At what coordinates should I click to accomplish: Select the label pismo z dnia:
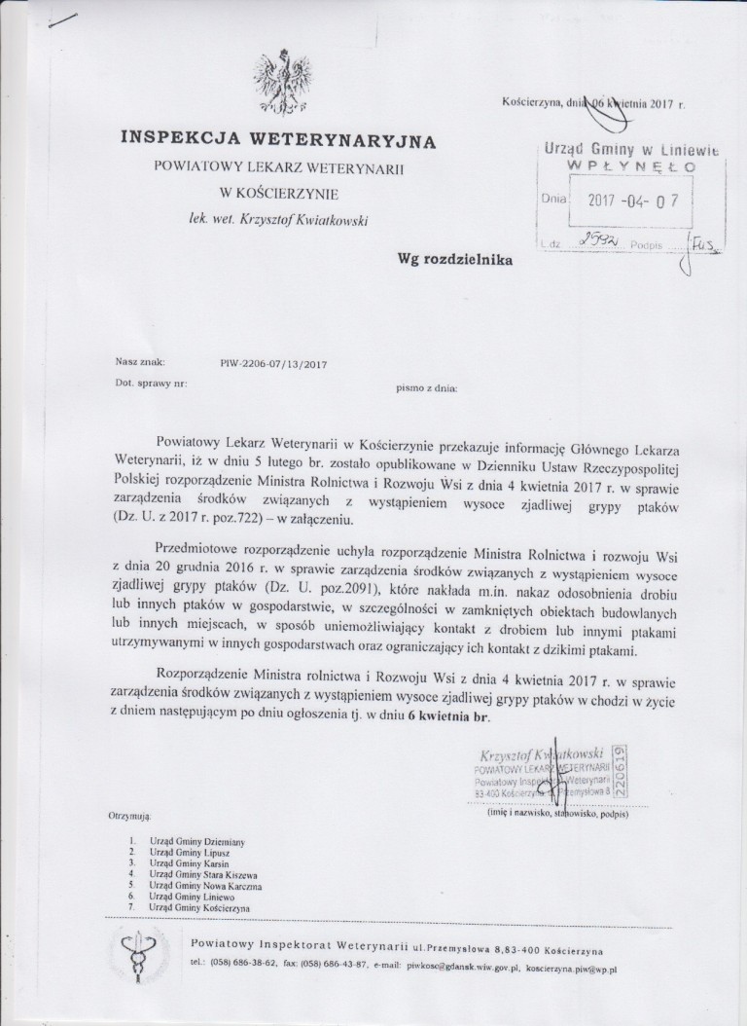[x=425, y=386]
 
